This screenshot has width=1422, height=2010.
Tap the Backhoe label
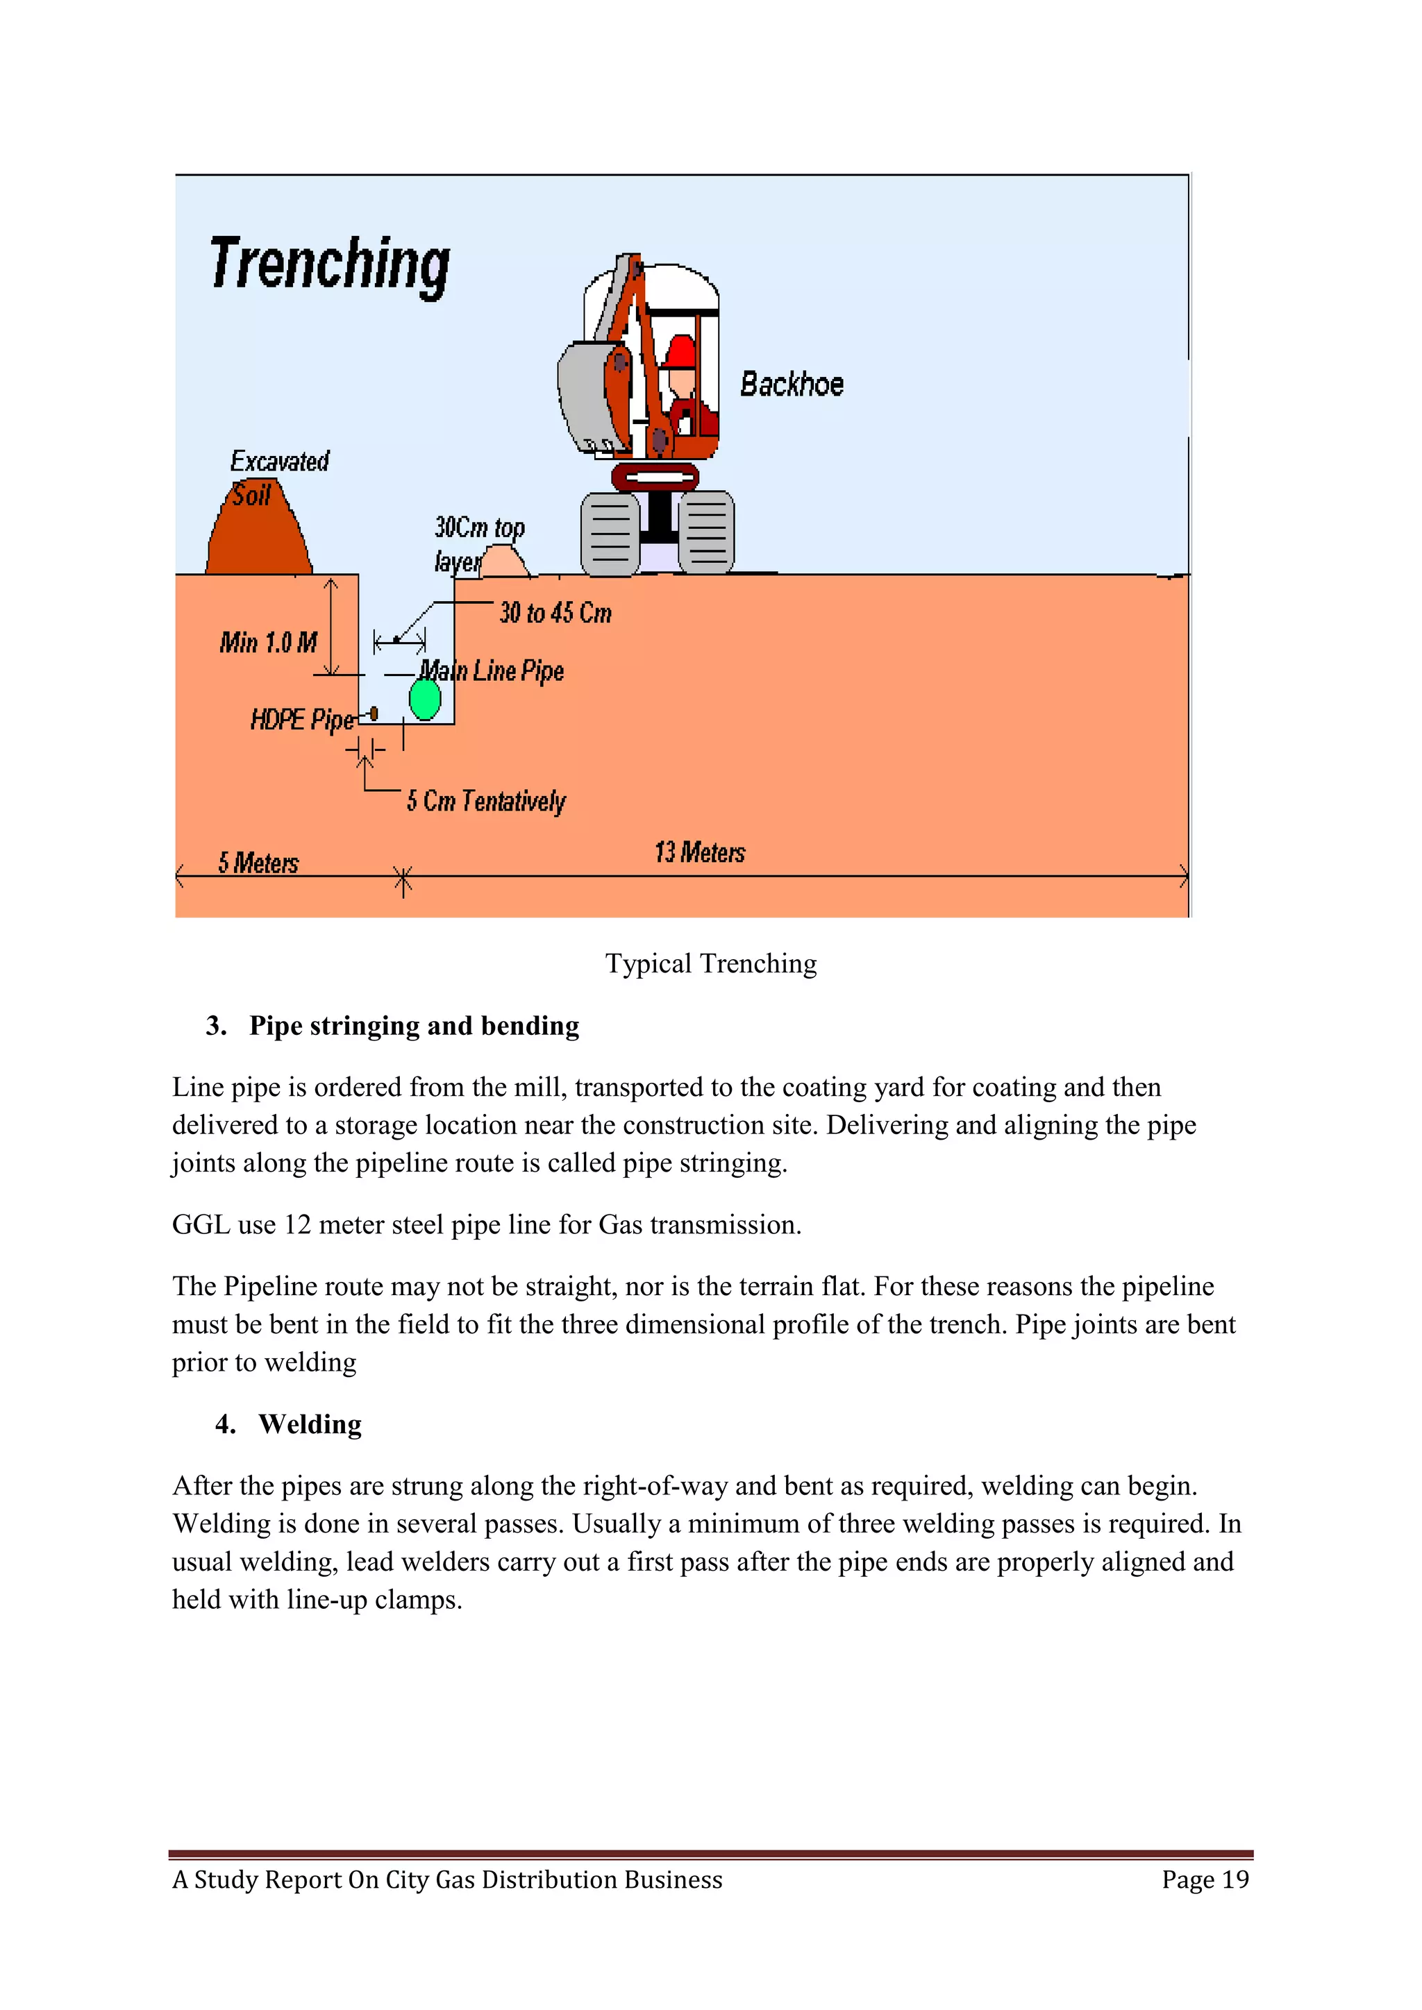click(x=792, y=385)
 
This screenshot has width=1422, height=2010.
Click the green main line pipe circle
click(x=426, y=700)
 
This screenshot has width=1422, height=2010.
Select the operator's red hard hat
click(x=680, y=352)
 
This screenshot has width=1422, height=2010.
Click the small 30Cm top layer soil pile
click(x=503, y=562)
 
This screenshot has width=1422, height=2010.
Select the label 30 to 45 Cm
click(x=555, y=613)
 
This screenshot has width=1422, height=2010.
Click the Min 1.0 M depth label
click(x=268, y=643)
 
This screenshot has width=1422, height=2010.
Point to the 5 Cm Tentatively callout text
click(x=486, y=801)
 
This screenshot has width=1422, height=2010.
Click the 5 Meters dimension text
click(x=258, y=863)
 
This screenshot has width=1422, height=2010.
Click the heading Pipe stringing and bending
click(x=413, y=1026)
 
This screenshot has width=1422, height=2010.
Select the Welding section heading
click(x=310, y=1424)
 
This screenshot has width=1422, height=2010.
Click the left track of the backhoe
click(x=610, y=534)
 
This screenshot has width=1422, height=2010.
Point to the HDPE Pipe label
click(x=302, y=720)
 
